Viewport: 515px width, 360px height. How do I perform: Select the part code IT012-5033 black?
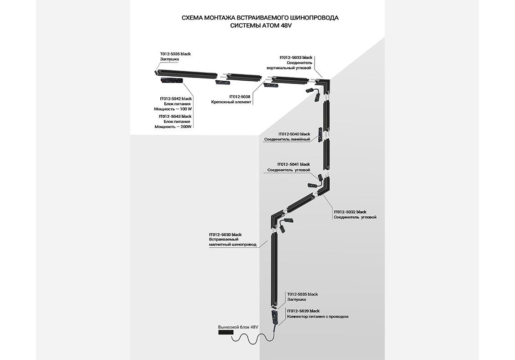tap(296, 57)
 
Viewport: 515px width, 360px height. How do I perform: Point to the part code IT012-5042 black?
tap(176, 99)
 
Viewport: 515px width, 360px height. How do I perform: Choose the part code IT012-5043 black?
tap(175, 116)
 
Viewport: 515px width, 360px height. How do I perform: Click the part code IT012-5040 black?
tap(294, 134)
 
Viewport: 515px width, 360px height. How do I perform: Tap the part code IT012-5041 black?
tap(293, 164)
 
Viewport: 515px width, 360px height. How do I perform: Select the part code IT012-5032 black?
tap(350, 212)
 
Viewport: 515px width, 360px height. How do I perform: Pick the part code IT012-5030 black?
tap(225, 235)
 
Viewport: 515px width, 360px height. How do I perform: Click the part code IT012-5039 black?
tap(303, 311)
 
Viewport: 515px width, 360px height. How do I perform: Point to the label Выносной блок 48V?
tap(238, 327)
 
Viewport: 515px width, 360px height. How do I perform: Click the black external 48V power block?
tap(225, 334)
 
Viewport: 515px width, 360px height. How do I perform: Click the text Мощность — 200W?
tap(173, 126)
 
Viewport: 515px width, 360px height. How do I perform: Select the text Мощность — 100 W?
tap(173, 109)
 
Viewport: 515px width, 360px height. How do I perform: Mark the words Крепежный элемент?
tap(231, 102)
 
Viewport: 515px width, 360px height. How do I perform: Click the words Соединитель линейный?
tap(290, 139)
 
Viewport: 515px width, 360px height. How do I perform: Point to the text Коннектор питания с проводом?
tap(318, 316)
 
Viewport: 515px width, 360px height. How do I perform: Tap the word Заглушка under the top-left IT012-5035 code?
tap(169, 59)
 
